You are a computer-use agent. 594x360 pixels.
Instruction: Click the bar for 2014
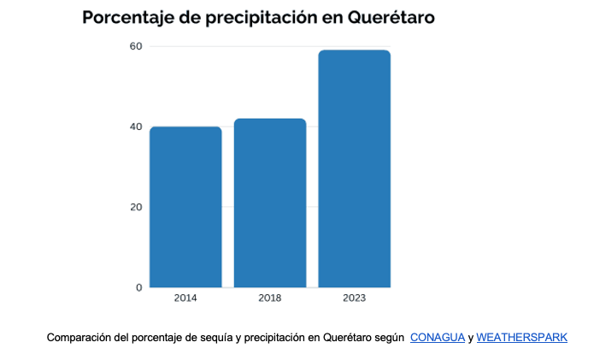(x=185, y=207)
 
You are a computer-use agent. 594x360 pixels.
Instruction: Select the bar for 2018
(x=270, y=203)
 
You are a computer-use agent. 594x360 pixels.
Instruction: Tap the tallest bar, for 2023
(x=354, y=168)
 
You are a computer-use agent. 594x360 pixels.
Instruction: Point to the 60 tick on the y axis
(x=136, y=46)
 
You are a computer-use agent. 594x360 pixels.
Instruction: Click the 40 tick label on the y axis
(x=136, y=127)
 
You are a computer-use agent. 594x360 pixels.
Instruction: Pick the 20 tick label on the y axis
(x=136, y=207)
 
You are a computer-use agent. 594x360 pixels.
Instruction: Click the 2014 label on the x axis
(x=185, y=298)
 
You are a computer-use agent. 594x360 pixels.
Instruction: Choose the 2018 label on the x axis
(x=270, y=298)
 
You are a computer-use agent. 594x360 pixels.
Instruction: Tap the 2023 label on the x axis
(x=354, y=298)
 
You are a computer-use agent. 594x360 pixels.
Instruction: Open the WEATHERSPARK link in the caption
(x=521, y=338)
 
